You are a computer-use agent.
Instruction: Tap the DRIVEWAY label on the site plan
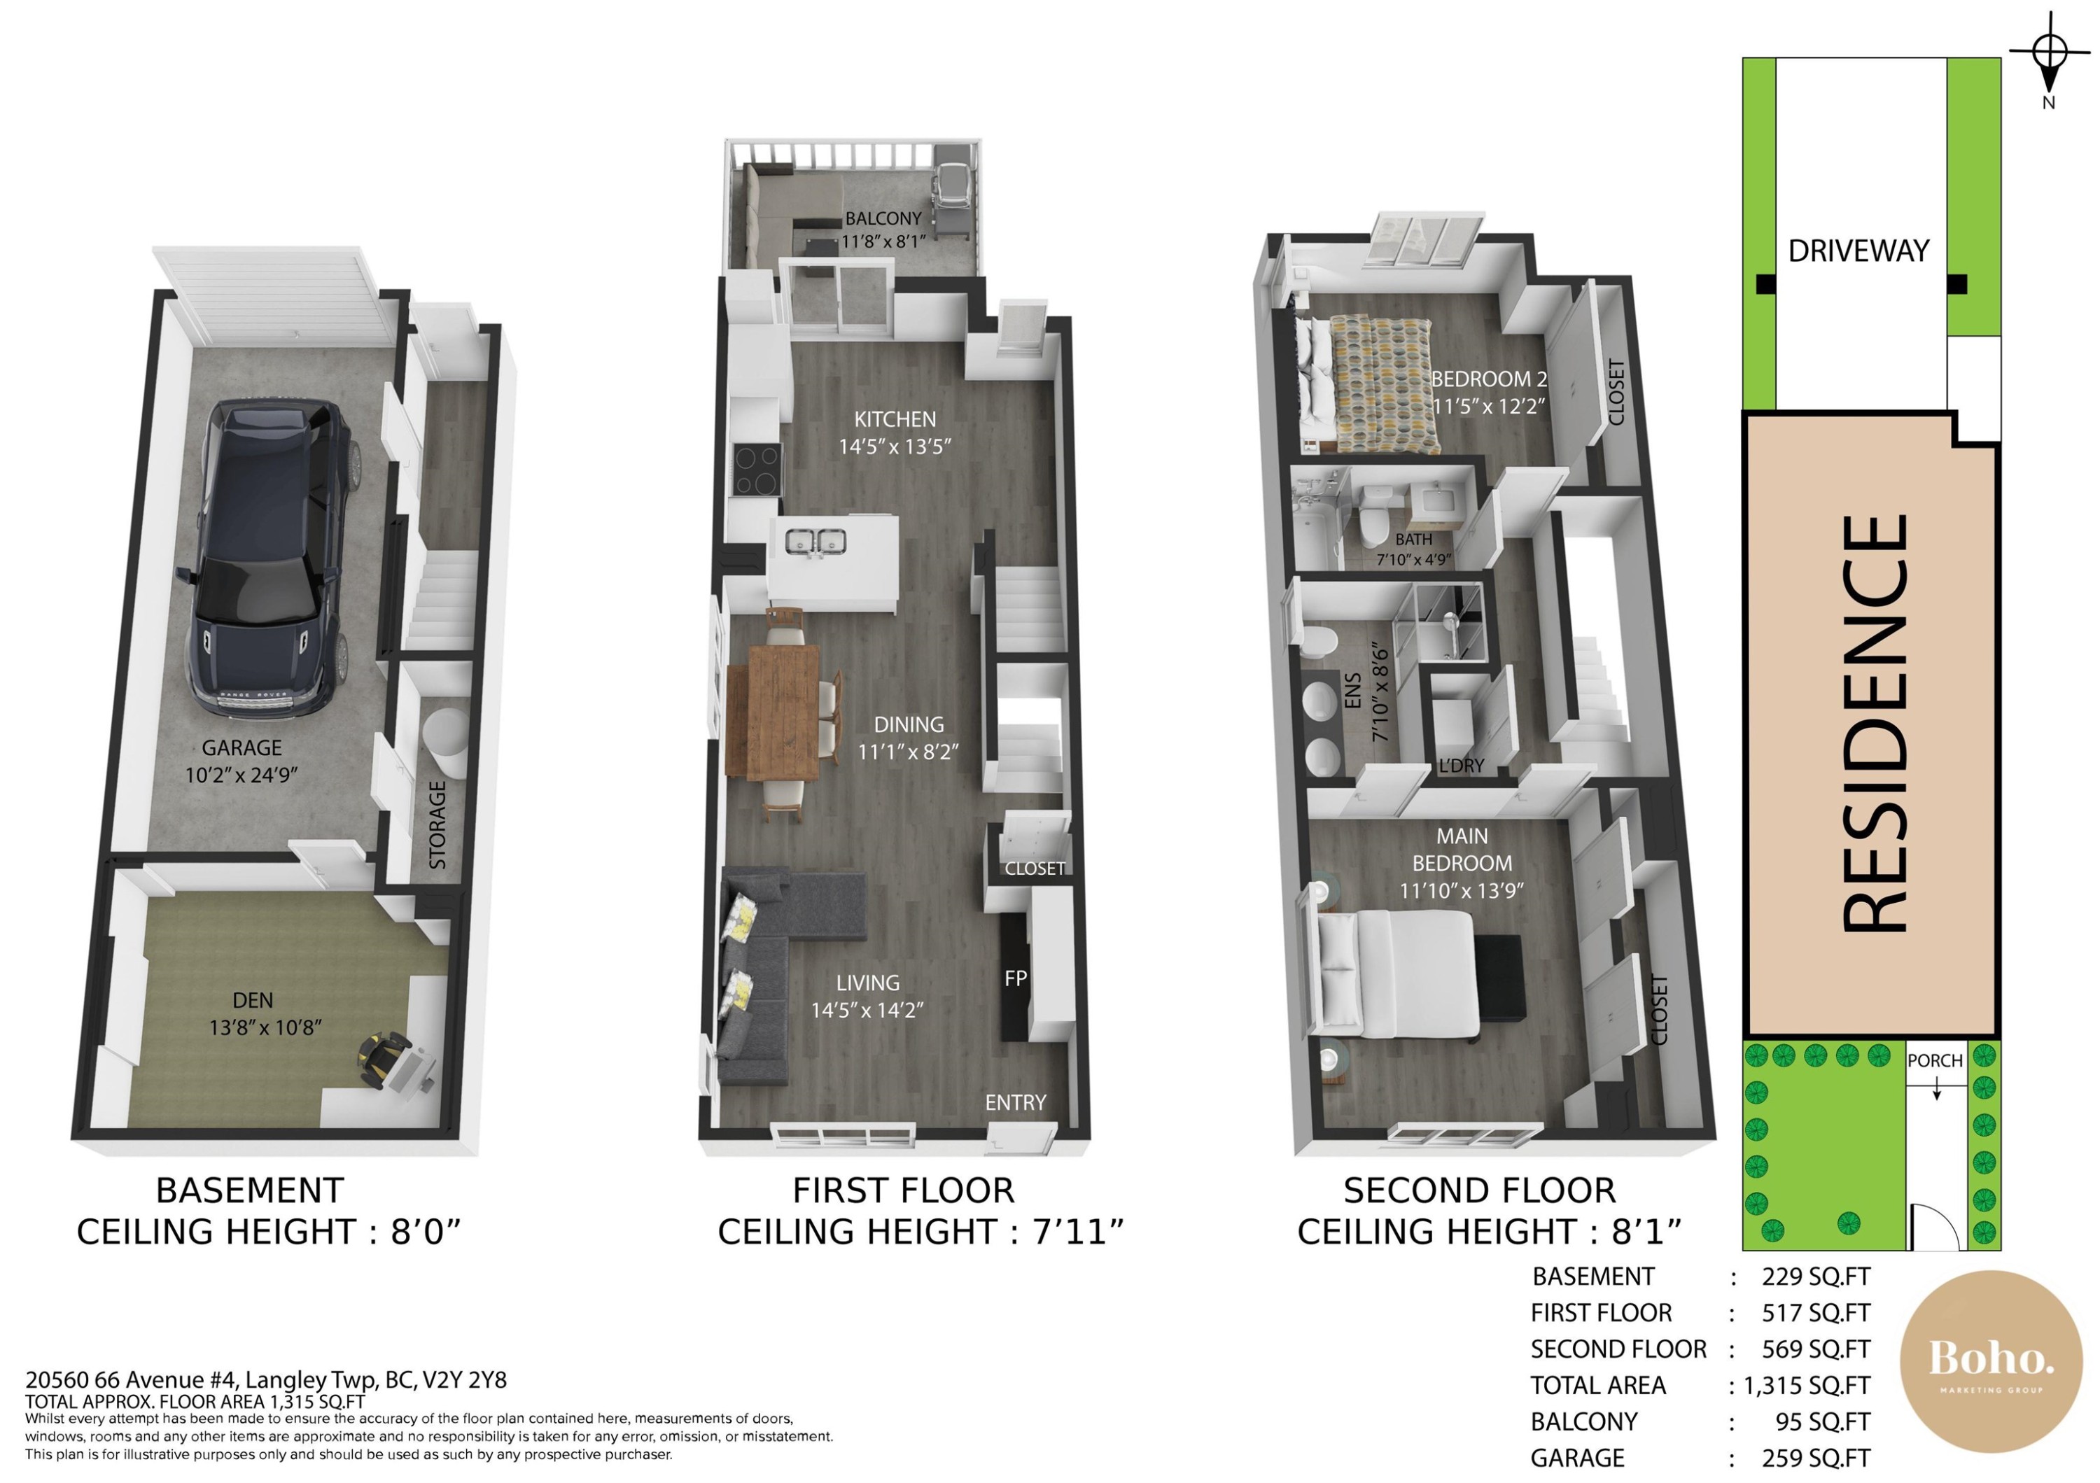pyautogui.click(x=1858, y=251)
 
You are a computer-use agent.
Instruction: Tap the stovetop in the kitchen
pyautogui.click(x=757, y=469)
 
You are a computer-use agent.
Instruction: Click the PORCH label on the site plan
pyautogui.click(x=1935, y=1060)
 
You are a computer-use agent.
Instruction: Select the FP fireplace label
pyautogui.click(x=1015, y=978)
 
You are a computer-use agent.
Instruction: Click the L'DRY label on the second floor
pyautogui.click(x=1461, y=765)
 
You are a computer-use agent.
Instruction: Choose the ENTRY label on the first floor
pyautogui.click(x=1015, y=1103)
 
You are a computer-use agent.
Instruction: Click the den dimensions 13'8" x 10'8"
pyautogui.click(x=265, y=1027)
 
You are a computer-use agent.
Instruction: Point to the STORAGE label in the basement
pyautogui.click(x=438, y=824)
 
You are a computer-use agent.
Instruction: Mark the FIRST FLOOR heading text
pyautogui.click(x=904, y=1190)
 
